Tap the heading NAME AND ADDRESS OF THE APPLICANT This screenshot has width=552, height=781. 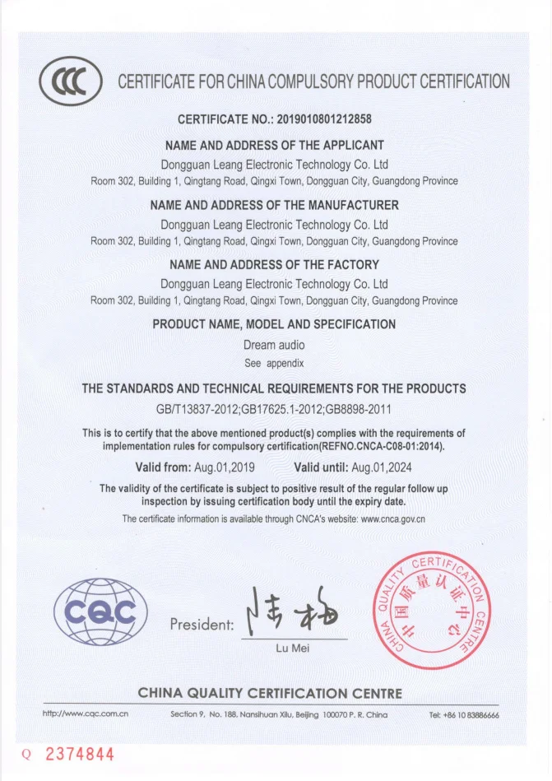click(276, 145)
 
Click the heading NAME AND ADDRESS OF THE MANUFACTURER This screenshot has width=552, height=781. click(276, 205)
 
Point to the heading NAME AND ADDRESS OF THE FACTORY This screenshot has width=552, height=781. click(274, 265)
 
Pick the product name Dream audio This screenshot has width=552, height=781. click(274, 346)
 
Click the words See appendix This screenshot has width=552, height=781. click(274, 362)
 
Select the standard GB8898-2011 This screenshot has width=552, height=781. click(356, 409)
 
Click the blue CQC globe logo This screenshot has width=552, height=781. click(100, 611)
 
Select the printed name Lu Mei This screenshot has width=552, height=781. click(294, 649)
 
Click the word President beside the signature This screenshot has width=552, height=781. click(202, 625)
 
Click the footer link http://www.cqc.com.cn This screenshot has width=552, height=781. click(86, 714)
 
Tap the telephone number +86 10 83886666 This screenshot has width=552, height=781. click(464, 714)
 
